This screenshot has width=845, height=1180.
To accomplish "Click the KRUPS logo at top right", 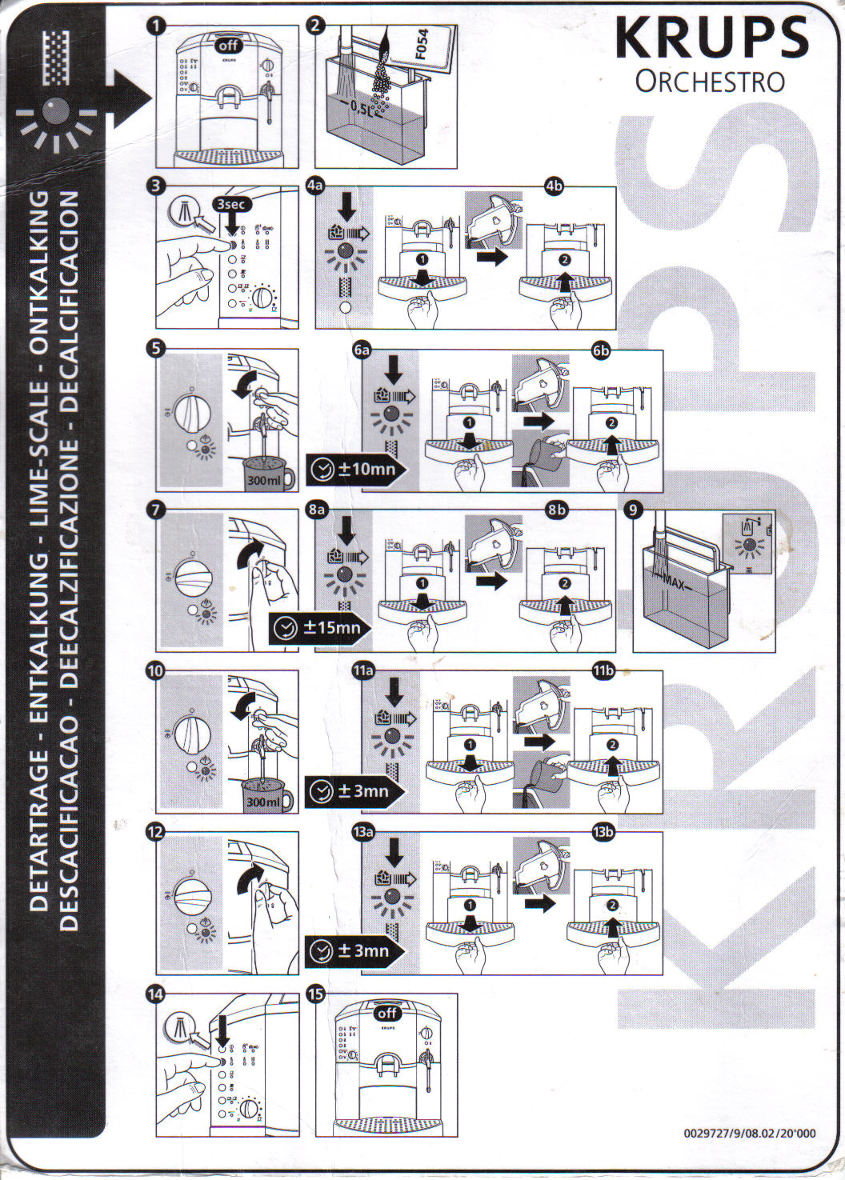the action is pos(711,38).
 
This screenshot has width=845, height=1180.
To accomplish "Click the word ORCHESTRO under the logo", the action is pos(710,82).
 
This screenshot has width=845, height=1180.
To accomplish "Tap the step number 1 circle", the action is pos(158,26).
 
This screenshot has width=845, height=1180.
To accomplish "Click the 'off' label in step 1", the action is pos(228,46).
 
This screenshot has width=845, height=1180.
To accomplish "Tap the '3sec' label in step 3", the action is pos(232,204).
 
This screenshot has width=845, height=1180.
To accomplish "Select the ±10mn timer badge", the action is pos(357,468).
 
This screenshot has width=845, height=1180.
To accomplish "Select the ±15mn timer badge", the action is pos(320,627).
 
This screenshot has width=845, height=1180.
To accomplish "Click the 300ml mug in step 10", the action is pos(266,795).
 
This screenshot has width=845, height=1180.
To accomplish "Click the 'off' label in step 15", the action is pos(387,1013).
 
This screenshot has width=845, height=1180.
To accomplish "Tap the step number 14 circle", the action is pos(157,994).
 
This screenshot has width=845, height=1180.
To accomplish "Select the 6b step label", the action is pos(601,350).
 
